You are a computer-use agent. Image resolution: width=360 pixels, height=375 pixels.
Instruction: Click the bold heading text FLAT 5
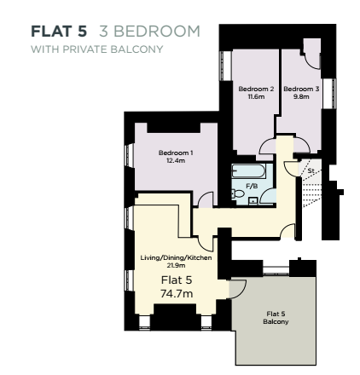point(59,32)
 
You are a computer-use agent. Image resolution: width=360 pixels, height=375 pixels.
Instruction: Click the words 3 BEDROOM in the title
point(149,32)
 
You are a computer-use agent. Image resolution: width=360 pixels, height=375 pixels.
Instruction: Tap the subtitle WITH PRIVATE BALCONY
point(96,48)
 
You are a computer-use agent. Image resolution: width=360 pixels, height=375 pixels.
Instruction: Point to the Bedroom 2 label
point(256,89)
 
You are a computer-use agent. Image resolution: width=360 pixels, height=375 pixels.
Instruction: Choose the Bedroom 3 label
point(301,89)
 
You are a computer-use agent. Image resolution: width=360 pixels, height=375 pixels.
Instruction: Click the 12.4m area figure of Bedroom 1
point(175,159)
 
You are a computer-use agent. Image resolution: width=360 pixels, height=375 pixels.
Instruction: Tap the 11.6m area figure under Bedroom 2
point(256,95)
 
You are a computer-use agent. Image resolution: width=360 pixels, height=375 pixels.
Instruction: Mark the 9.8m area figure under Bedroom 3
point(301,95)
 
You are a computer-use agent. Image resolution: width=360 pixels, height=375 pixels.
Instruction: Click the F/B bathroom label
point(252,185)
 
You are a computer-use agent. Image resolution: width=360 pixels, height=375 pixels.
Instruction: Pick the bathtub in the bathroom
point(248,170)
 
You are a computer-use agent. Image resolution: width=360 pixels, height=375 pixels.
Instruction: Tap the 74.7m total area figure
point(177,292)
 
